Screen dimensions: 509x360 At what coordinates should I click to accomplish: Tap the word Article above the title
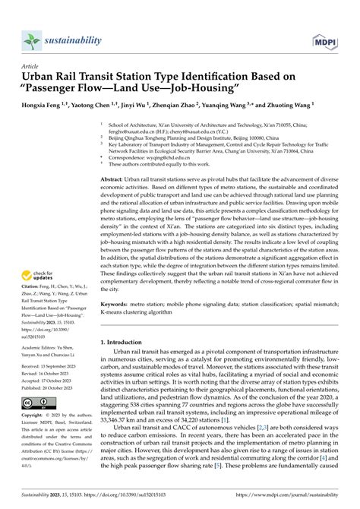(x=31, y=66)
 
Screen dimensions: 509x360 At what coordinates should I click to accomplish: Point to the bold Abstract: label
(x=115, y=177)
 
